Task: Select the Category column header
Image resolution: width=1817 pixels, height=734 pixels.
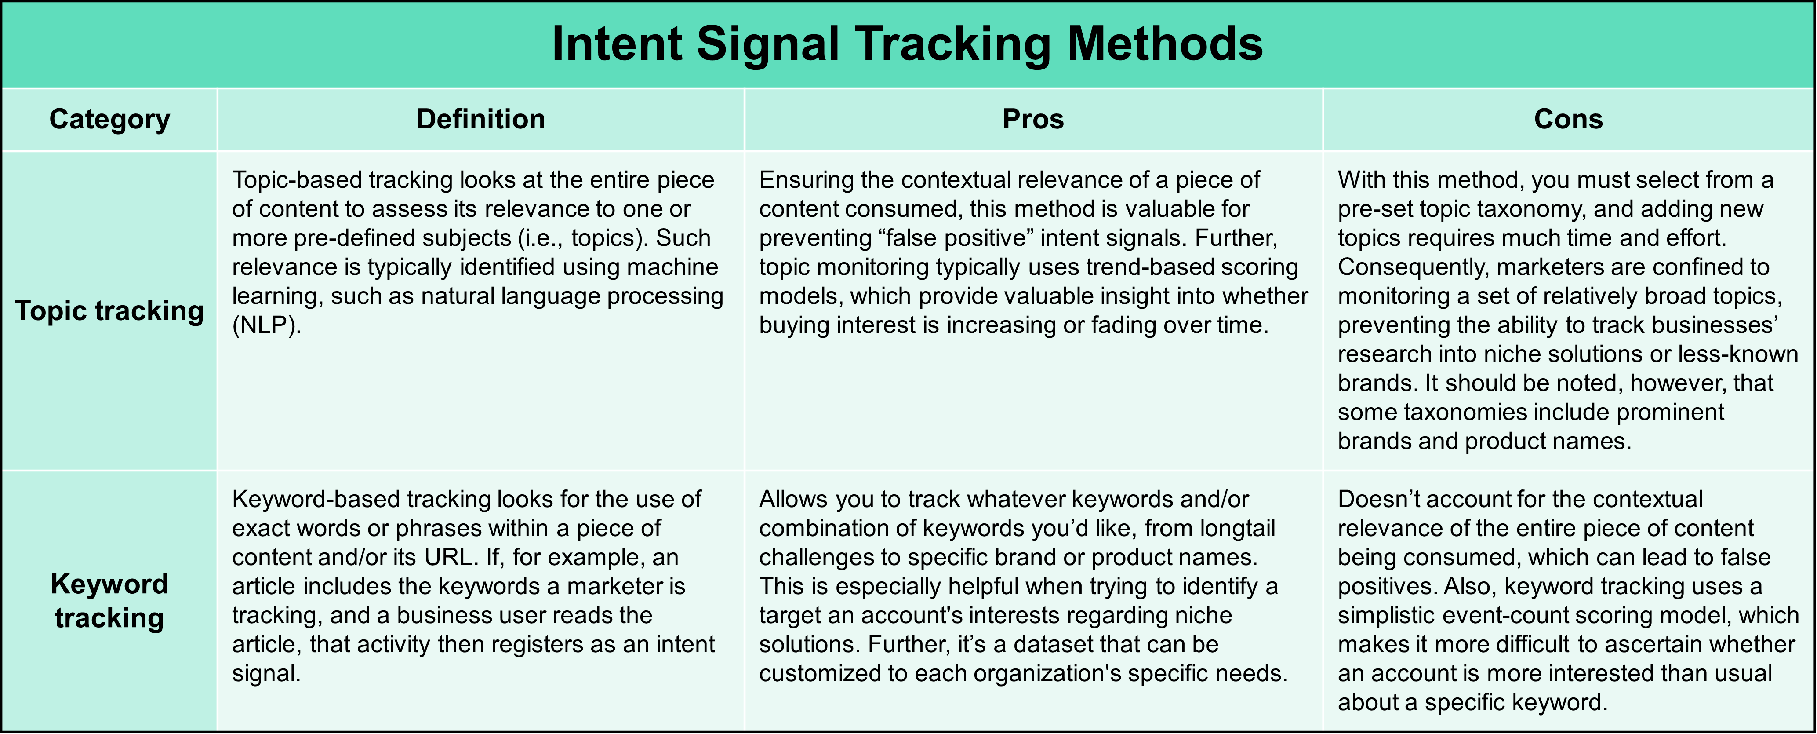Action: point(109,119)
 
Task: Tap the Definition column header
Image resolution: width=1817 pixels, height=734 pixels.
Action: point(480,119)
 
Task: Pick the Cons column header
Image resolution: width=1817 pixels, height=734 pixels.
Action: point(1568,119)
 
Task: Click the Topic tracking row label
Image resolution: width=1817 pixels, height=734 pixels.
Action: point(109,310)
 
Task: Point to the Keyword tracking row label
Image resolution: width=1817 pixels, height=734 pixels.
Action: point(109,601)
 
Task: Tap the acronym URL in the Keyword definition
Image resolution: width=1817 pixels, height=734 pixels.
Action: point(449,558)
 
